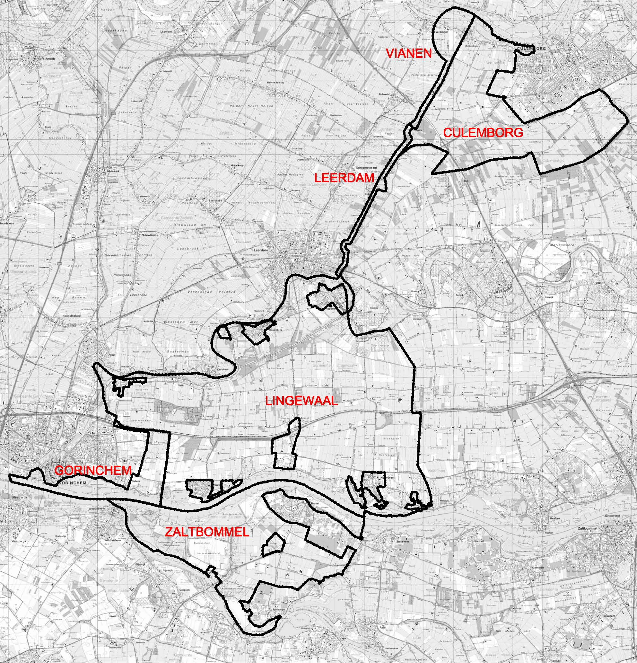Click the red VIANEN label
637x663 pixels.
point(409,53)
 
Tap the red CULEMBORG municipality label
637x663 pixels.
point(483,133)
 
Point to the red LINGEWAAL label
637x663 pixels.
point(301,401)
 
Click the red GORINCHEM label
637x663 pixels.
point(93,470)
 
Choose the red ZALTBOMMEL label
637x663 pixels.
point(207,532)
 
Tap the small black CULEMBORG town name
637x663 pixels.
point(532,49)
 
